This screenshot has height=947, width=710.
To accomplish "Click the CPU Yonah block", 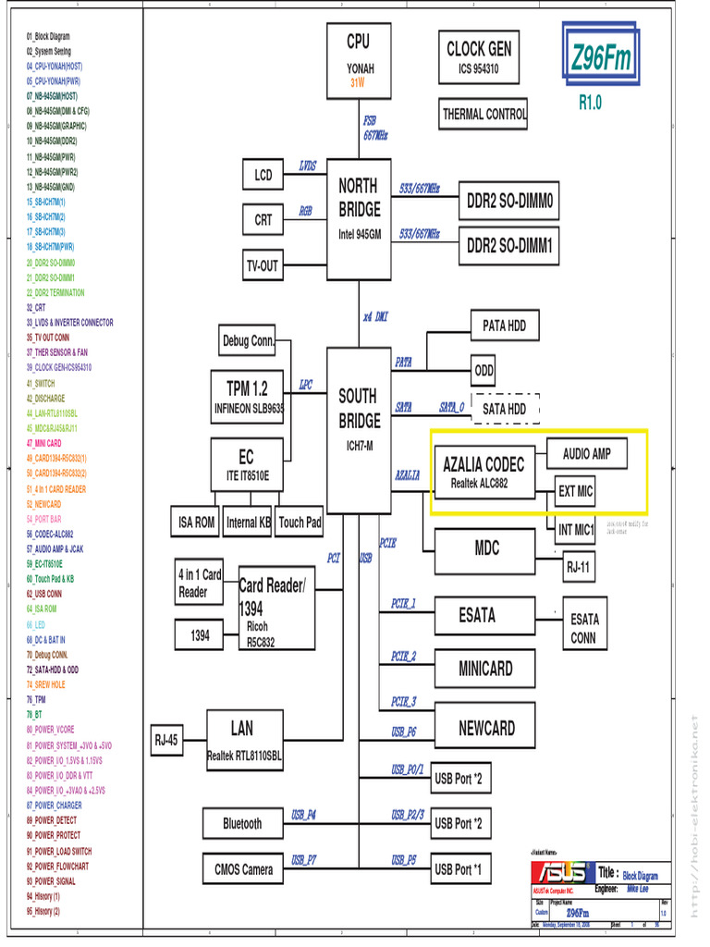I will [x=358, y=60].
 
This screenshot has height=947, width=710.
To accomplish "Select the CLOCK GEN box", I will [x=479, y=57].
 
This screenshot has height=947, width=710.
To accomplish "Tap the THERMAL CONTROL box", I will [x=484, y=115].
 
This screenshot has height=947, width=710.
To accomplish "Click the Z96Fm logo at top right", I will [x=602, y=59].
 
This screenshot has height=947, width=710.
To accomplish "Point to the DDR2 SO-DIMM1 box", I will [x=509, y=246].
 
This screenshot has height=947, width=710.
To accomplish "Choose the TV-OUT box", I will [x=262, y=265].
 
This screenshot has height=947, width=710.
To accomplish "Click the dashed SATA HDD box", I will [x=505, y=408].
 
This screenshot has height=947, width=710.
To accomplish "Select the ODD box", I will [x=484, y=370].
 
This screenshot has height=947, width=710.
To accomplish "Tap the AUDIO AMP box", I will [x=587, y=454].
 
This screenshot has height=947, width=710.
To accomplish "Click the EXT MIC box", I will [x=575, y=492].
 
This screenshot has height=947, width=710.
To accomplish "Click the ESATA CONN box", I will [x=583, y=628].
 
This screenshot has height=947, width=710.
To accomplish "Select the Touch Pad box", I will [x=300, y=523].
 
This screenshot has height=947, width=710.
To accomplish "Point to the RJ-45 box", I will [x=166, y=740].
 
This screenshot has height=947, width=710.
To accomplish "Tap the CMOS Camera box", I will [x=243, y=869].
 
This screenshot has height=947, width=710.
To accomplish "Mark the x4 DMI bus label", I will [x=375, y=317].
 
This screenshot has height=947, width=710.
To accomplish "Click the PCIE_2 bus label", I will [x=403, y=656].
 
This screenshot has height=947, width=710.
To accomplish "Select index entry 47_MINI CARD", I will [x=44, y=443].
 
